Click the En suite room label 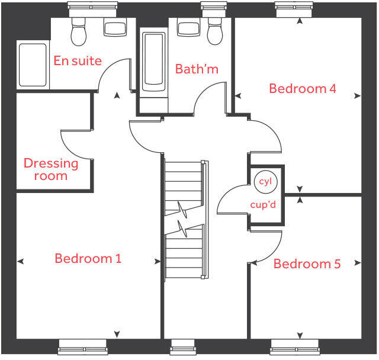(x=78, y=60)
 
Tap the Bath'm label (x=197, y=69)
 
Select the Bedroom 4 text (x=302, y=89)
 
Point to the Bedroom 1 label (x=88, y=259)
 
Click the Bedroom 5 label (x=307, y=264)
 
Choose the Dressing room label (x=51, y=169)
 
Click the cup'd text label (x=264, y=205)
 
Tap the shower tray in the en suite (x=33, y=65)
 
